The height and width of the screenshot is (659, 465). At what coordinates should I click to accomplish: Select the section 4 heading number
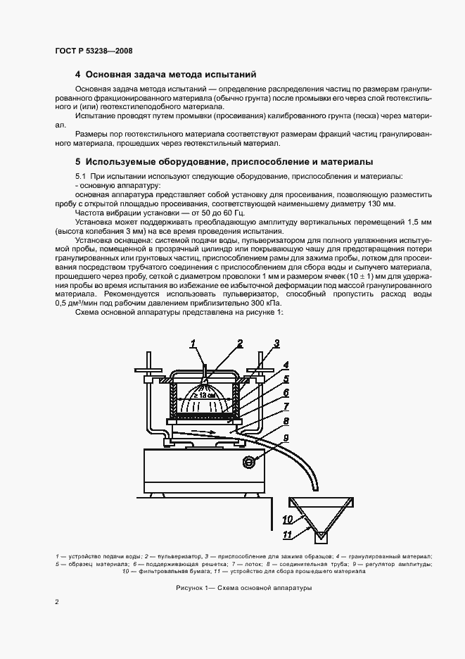click(78, 74)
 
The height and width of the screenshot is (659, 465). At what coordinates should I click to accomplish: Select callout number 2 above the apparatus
click(240, 344)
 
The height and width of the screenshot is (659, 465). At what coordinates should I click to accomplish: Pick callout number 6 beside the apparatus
click(286, 392)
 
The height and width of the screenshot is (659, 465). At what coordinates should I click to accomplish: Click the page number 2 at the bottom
click(57, 602)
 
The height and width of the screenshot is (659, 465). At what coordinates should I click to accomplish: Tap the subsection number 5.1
click(81, 175)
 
